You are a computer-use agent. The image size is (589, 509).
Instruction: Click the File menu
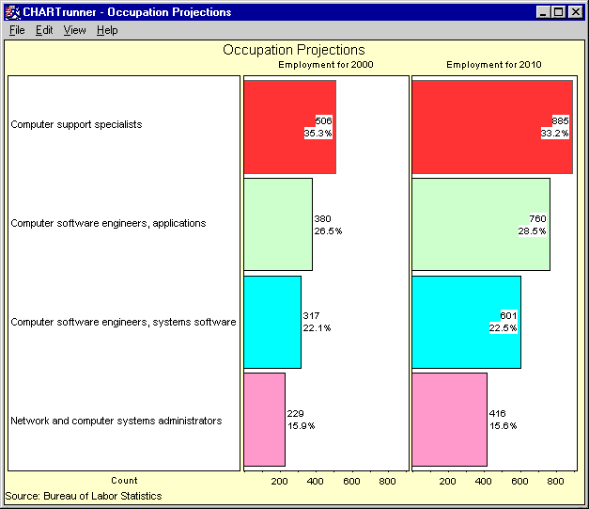[17, 30]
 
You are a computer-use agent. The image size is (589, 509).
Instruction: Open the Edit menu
[44, 30]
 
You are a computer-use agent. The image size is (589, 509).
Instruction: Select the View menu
[74, 30]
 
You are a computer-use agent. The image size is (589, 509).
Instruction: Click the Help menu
[107, 30]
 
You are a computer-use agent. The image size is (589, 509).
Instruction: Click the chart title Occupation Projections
[294, 50]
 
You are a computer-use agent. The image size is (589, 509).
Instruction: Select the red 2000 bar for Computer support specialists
[272, 127]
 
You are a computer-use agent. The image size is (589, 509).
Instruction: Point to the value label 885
[561, 121]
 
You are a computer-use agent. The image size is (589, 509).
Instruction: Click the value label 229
[297, 413]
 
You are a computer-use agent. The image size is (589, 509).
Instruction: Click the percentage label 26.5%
[329, 231]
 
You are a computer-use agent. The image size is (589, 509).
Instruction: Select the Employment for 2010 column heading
[493, 65]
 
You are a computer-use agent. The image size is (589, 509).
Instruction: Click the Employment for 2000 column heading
[325, 65]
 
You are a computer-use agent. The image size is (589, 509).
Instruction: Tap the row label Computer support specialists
[76, 124]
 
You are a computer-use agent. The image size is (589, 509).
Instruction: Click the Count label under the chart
[124, 481]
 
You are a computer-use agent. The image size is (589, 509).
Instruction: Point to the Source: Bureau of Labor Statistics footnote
[84, 496]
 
